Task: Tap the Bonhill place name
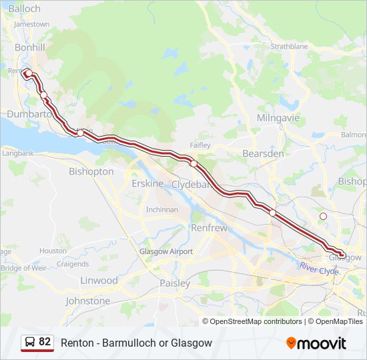tap(30, 48)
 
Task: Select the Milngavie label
tap(278, 118)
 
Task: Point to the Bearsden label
tap(263, 153)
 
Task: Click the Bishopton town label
tap(91, 171)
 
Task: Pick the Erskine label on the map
tap(147, 183)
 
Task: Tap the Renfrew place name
tap(210, 227)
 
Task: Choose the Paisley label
tap(175, 283)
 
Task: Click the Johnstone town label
tap(87, 301)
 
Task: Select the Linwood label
tap(99, 281)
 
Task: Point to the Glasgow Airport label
tap(166, 251)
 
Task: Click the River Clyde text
tap(319, 269)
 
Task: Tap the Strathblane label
tap(289, 47)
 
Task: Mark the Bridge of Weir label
tap(21, 268)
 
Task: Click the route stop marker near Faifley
tap(194, 163)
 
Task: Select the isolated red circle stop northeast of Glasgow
tap(324, 216)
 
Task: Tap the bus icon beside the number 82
tap(29, 342)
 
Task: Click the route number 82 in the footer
tap(45, 342)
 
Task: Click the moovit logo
tap(316, 343)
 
